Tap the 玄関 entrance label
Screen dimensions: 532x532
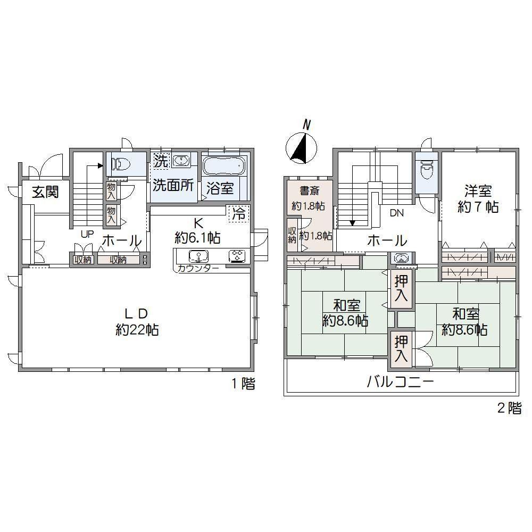coord(45,192)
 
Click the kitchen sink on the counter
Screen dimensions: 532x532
coord(198,255)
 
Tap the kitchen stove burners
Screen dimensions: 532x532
coord(237,255)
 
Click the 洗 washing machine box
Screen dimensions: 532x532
coord(161,161)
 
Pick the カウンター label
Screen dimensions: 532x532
coord(198,269)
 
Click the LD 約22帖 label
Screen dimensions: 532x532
coord(137,321)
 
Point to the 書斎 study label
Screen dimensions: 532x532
coord(309,190)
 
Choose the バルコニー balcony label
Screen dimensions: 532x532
coord(401,383)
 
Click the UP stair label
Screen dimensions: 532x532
coord(87,234)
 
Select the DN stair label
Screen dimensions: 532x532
coord(397,213)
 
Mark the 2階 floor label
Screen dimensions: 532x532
coord(509,408)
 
